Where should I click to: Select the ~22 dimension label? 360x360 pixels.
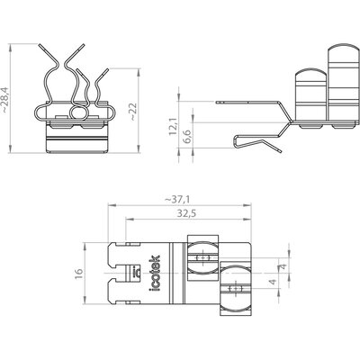point(133,112)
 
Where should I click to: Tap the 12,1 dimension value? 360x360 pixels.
point(173,126)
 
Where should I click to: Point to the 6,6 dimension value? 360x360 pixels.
point(188,137)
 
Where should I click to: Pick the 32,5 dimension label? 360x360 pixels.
point(186,213)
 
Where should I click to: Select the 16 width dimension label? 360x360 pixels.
point(78,274)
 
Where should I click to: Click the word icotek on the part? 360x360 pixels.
point(155,274)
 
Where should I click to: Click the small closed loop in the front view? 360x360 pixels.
point(69,112)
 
